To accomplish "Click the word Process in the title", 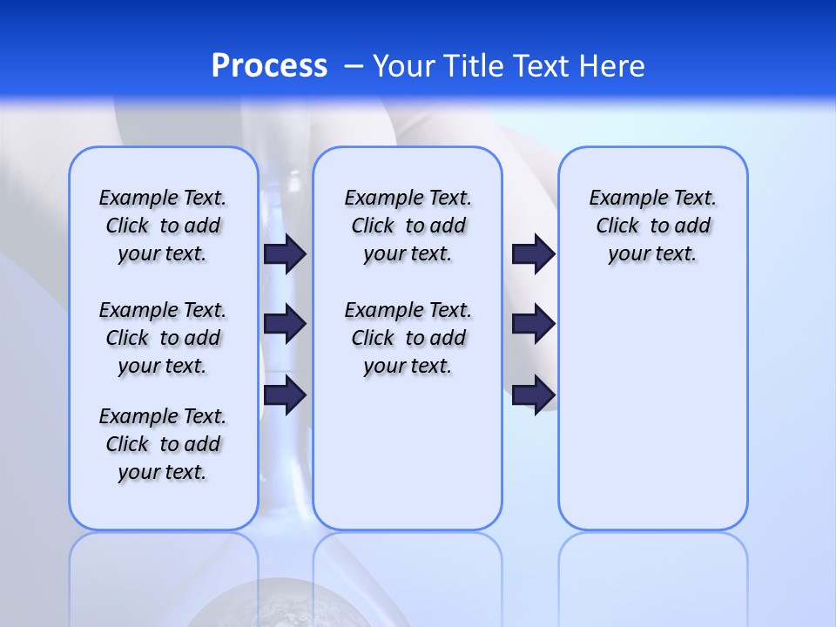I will click(269, 65).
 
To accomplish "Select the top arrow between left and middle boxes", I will click(285, 253).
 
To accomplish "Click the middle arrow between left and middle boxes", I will click(285, 324).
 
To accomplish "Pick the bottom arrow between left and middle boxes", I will click(285, 394).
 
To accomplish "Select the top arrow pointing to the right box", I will click(533, 253).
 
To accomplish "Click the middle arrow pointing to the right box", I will click(533, 324).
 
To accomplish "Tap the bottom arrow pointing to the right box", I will click(533, 394).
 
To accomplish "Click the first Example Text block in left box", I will click(163, 226).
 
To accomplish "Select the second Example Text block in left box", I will click(163, 338).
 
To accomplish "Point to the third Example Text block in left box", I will click(163, 444).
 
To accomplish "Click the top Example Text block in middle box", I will click(408, 226).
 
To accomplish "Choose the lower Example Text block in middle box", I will click(408, 338).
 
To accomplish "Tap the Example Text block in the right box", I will click(652, 226).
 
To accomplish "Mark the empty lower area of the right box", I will click(652, 409).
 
